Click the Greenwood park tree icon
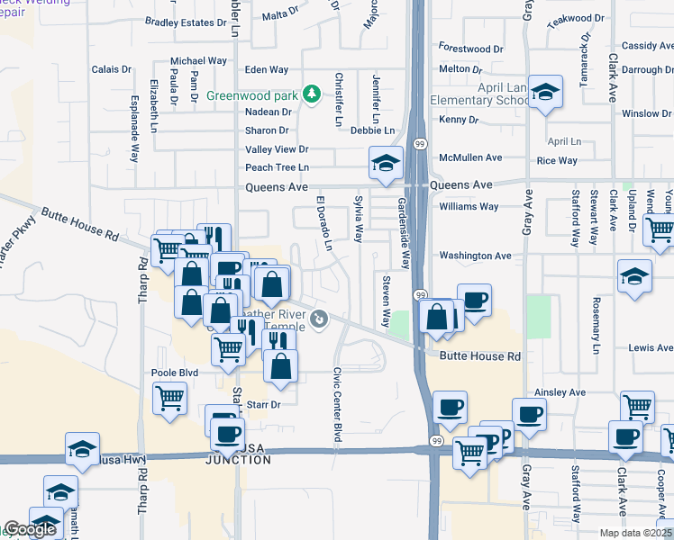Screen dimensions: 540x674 (312, 94)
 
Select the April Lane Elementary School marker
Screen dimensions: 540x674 (545, 93)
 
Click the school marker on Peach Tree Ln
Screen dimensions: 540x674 (385, 163)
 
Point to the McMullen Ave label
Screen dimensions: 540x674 (469, 157)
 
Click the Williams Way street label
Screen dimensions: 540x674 (469, 206)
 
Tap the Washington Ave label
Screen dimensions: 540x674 (475, 256)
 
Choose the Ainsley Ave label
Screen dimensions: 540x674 (560, 392)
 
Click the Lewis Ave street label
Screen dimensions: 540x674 (651, 347)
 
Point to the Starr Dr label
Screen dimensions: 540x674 (263, 405)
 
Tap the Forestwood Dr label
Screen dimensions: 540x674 (470, 48)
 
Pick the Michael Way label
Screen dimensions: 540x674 (198, 60)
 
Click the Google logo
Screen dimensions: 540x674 (29, 530)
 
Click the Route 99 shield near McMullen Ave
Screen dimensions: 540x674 (420, 144)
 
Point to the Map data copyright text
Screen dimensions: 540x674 (634, 533)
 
